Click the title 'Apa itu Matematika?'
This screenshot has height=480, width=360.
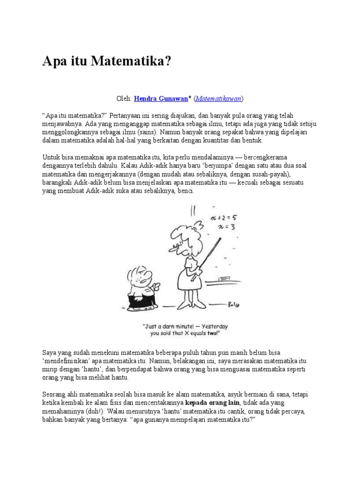[107, 61]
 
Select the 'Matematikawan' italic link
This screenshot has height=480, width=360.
[218, 98]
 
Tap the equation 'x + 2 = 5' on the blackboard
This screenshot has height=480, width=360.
[226, 218]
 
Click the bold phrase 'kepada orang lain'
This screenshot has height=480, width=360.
[213, 403]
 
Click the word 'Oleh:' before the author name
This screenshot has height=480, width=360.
[124, 98]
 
